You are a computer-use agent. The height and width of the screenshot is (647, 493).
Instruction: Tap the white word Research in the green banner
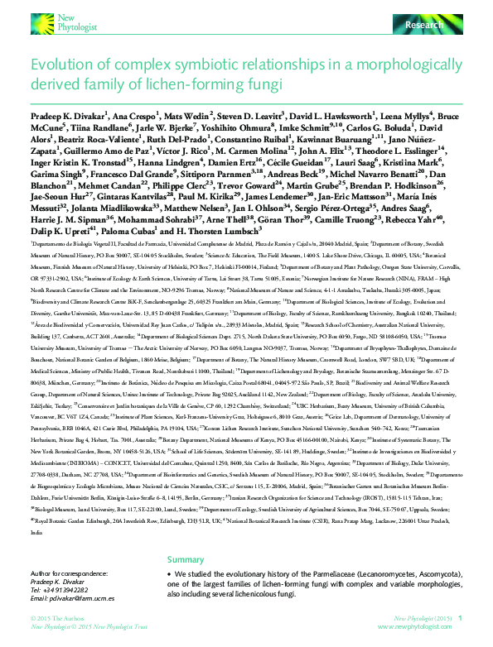(x=423, y=26)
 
